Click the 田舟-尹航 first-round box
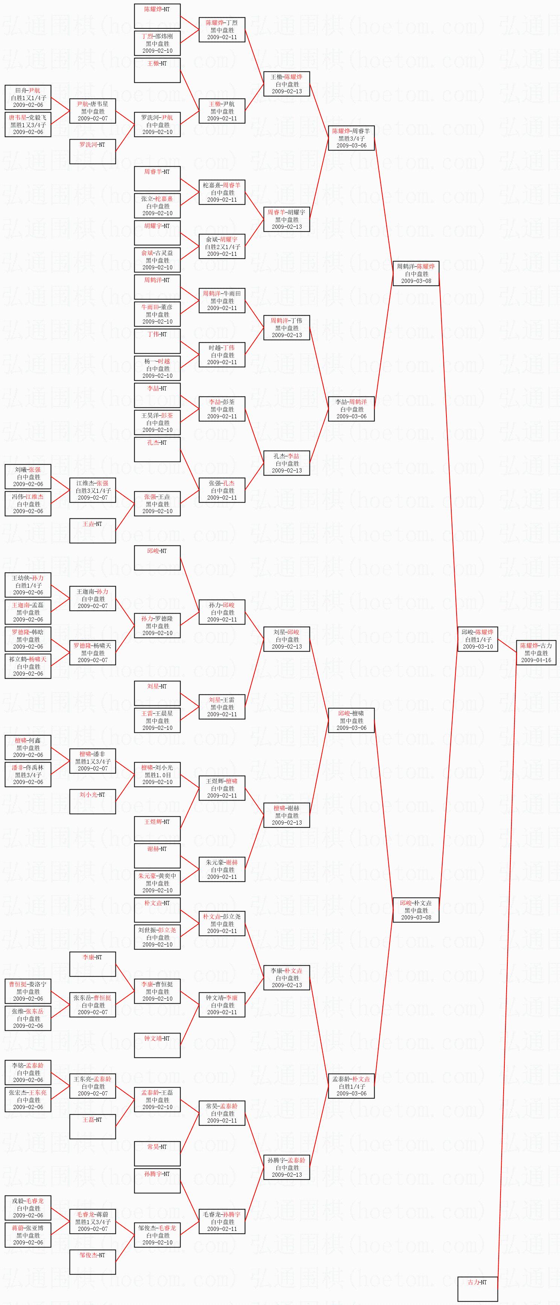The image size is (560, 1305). (28, 97)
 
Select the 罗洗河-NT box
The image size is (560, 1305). (92, 152)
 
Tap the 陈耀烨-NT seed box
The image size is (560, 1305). (157, 16)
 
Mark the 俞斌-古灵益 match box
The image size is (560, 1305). (157, 260)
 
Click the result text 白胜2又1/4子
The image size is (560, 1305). (222, 247)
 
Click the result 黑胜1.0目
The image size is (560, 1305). (157, 775)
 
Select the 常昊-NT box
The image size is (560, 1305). (157, 1153)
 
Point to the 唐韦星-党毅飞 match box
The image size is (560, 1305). (28, 125)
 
